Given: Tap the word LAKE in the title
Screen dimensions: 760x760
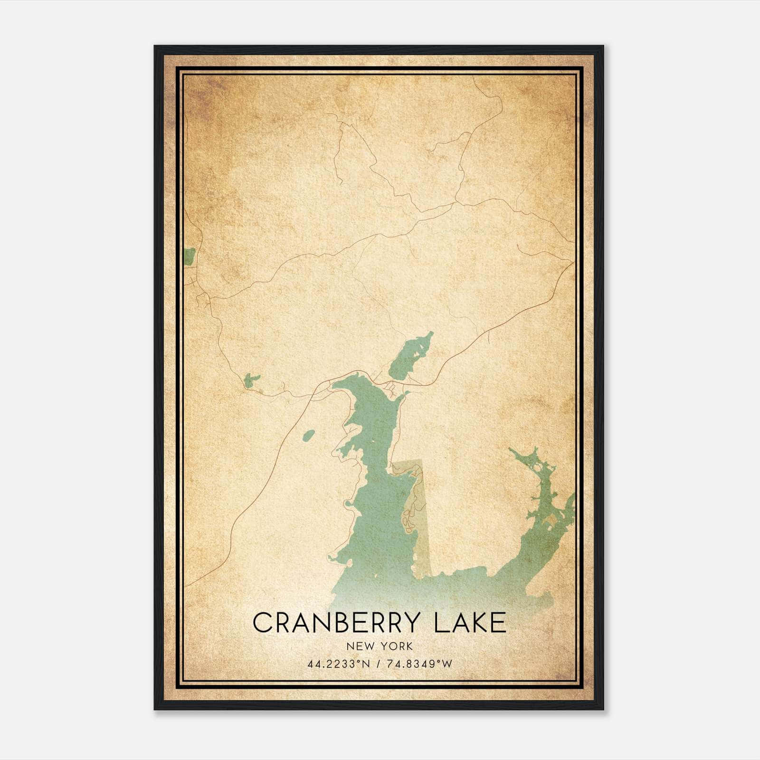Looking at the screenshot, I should [x=470, y=623].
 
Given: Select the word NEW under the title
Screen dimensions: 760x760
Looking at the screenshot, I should [x=357, y=646].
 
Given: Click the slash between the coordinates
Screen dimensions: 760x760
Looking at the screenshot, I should [x=379, y=664].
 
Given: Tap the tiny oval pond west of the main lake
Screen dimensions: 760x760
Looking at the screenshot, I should [x=308, y=435].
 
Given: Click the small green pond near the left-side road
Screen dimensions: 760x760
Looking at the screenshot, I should [x=250, y=380].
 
